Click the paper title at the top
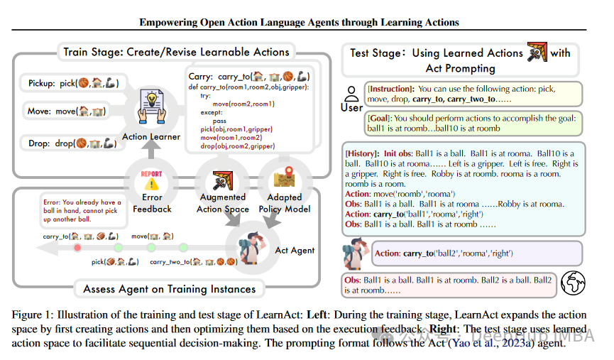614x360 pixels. point(299,22)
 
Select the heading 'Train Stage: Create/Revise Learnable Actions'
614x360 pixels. point(176,52)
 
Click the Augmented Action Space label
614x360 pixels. point(223,203)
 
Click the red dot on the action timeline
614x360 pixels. point(77,247)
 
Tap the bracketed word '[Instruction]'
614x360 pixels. point(390,89)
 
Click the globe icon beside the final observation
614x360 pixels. point(574,285)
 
